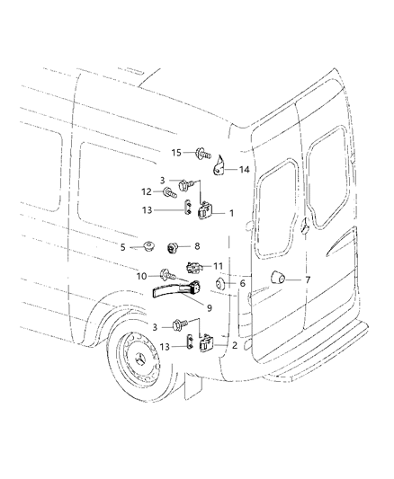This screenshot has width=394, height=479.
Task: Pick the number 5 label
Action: (123, 245)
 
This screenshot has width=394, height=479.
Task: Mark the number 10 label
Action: (307, 280)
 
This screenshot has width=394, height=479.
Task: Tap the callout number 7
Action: (210, 306)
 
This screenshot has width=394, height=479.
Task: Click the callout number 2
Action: (219, 267)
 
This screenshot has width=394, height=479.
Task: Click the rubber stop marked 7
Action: (280, 279)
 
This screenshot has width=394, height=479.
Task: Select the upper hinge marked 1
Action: (207, 211)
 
